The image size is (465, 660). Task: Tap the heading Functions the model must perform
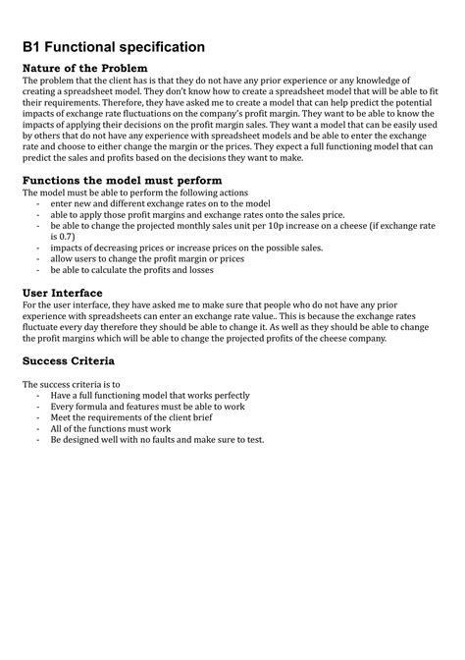pyautogui.click(x=122, y=181)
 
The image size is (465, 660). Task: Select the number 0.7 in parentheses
pyautogui.click(x=62, y=237)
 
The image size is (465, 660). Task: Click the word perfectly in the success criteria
pyautogui.click(x=229, y=396)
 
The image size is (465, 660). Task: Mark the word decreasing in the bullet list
pyautogui.click(x=111, y=247)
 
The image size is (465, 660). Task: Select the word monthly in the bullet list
pyautogui.click(x=206, y=226)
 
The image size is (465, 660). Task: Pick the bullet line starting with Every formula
pyautogui.click(x=136, y=407)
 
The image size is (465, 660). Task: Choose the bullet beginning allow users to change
pyautogui.click(x=142, y=258)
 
